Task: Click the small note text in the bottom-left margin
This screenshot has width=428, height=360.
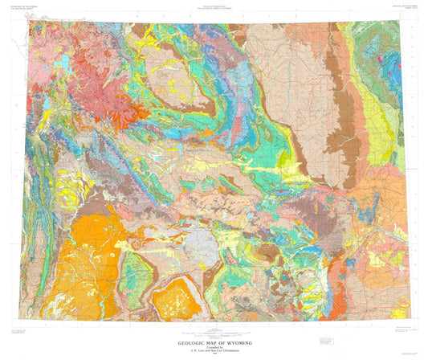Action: tap(24, 330)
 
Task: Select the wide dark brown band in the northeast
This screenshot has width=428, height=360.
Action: tap(321, 137)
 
